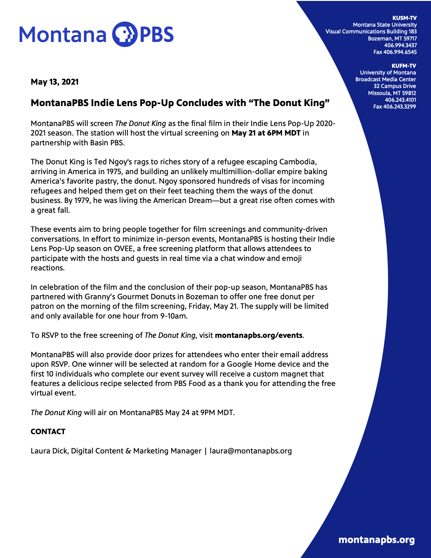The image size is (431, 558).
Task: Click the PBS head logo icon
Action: tap(124, 34)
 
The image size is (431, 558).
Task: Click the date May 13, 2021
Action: tap(55, 82)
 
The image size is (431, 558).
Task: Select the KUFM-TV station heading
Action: tap(404, 66)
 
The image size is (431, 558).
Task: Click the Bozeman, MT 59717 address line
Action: tap(392, 38)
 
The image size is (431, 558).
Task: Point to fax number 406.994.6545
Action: tap(395, 52)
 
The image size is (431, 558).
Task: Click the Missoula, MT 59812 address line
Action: tap(392, 93)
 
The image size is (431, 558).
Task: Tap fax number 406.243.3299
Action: tap(395, 107)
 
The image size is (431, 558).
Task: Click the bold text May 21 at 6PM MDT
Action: tap(266, 133)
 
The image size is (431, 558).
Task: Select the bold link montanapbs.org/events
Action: tap(259, 335)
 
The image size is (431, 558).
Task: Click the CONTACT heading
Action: tap(48, 432)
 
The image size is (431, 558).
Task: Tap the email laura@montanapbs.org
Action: tap(250, 451)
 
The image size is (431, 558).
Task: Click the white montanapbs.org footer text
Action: tap(376, 540)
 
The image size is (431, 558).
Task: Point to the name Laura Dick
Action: tap(49, 451)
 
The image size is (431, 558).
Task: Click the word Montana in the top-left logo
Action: tap(63, 34)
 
